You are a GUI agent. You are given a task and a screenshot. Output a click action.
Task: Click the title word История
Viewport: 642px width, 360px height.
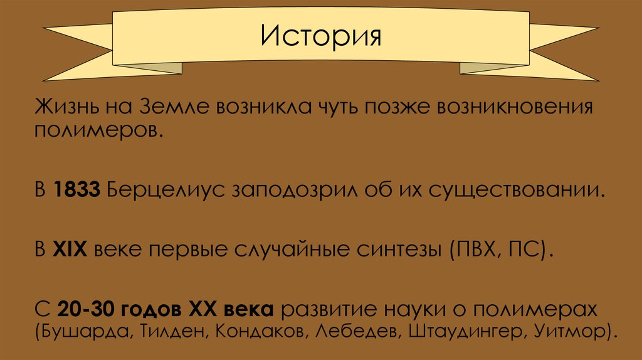pyautogui.click(x=321, y=36)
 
